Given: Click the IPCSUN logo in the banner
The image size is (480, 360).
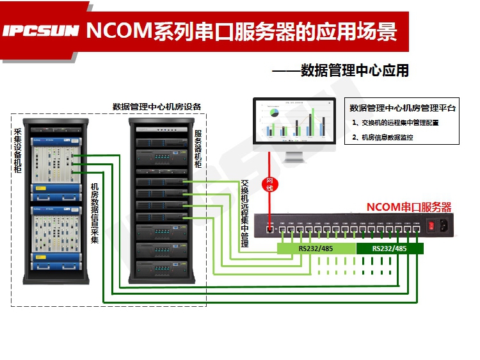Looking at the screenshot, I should click(x=40, y=30).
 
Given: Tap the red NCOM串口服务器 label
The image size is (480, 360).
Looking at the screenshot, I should click(x=409, y=207).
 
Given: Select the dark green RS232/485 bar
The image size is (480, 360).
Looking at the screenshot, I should click(x=389, y=249).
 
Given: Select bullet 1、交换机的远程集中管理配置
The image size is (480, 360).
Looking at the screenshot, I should click(x=396, y=122).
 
